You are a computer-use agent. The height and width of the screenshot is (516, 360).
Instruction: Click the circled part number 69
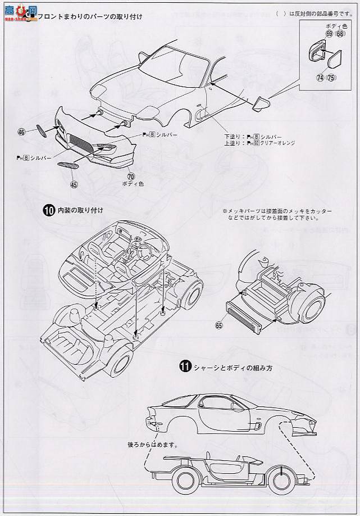329,34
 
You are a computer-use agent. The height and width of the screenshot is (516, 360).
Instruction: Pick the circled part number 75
331,78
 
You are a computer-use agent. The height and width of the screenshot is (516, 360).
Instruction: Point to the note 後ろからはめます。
152,445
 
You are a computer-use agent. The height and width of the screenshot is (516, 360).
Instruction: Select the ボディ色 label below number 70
130,184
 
